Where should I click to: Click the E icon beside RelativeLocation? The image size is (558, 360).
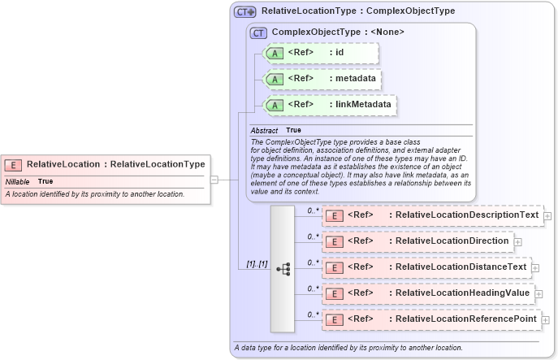click(15, 164)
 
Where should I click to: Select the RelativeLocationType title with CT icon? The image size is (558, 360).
click(345, 11)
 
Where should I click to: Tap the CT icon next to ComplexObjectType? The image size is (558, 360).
click(259, 33)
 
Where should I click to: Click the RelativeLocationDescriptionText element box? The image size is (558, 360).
click(431, 215)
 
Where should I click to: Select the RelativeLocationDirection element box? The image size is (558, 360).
click(417, 241)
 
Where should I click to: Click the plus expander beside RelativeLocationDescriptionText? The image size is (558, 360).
click(547, 216)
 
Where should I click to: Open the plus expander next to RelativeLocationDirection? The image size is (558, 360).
click(518, 242)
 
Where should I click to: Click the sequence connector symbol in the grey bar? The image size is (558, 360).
click(283, 268)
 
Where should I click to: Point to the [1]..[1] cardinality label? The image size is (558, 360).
click(257, 264)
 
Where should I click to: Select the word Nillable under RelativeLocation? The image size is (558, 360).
click(18, 181)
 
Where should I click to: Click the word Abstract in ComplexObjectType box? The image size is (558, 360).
click(264, 130)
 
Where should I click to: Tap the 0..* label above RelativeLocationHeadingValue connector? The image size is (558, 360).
click(312, 288)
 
